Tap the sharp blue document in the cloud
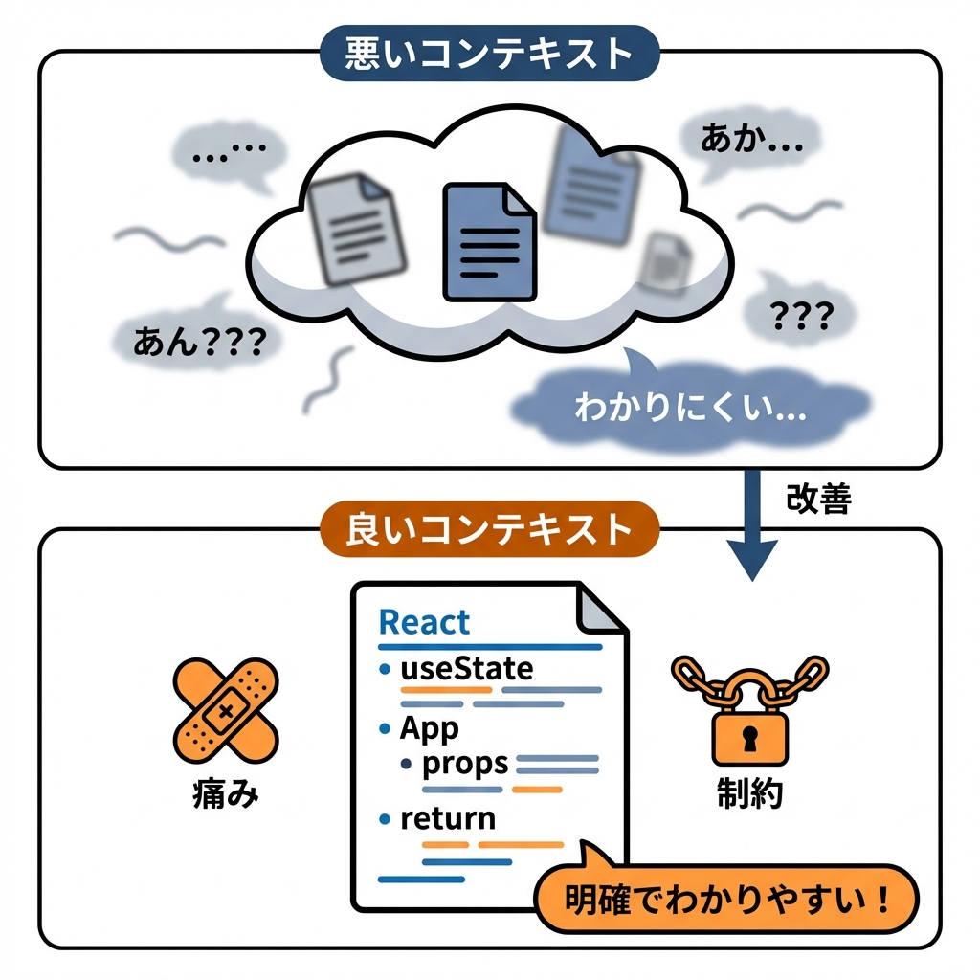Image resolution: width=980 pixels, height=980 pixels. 488,243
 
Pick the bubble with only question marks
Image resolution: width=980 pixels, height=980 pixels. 800,314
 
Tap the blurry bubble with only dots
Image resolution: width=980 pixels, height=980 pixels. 228,153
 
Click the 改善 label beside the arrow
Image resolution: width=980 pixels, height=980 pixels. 817,498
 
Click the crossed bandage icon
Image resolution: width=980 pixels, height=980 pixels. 225,707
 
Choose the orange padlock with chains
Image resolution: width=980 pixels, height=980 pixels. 749,708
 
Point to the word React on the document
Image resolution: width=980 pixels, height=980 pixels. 424,622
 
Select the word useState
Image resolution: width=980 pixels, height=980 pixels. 466,667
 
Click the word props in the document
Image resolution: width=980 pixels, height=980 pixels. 464,763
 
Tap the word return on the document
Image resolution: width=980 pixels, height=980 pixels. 448,818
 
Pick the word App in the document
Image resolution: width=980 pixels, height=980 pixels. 429,728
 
